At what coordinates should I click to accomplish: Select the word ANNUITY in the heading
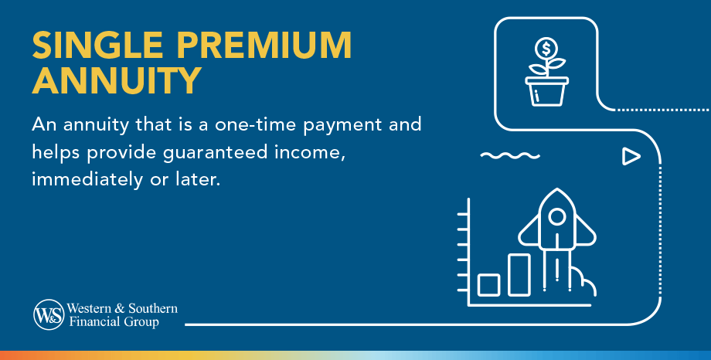117,80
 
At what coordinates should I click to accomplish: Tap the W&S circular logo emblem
48,314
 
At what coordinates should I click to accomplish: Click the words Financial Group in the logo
113,321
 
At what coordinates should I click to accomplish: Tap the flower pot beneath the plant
547,91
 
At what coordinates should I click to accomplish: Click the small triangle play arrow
631,157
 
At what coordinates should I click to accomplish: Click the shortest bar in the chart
489,285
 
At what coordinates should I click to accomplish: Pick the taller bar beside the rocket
519,274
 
